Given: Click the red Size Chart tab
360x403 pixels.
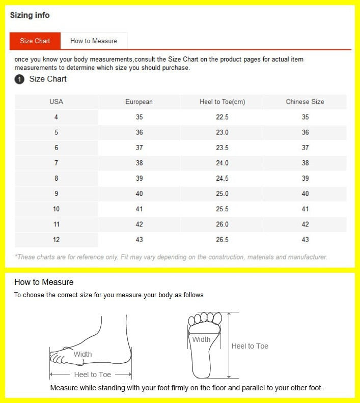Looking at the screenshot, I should point(35,41).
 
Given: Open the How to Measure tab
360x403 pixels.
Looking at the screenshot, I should point(94,41).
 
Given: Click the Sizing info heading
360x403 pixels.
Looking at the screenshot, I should point(30,15).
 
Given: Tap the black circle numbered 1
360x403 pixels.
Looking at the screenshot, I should point(19,79).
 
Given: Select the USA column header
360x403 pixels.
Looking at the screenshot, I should point(56,102).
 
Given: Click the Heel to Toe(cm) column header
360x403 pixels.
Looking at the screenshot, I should point(222,102).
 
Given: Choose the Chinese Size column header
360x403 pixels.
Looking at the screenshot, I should point(304,102).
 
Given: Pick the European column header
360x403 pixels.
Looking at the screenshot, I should point(139,102).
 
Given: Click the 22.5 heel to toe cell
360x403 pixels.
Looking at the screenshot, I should point(222,117).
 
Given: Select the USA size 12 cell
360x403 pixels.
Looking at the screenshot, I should point(56,240).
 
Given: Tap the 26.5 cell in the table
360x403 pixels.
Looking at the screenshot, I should point(222,240).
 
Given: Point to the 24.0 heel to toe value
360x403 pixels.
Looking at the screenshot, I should point(222,163).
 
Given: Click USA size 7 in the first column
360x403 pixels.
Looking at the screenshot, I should point(56,163).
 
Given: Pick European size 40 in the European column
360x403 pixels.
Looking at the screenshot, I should point(139,194).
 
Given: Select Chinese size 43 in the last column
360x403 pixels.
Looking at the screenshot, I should point(304,240).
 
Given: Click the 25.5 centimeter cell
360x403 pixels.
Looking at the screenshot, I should point(222,209).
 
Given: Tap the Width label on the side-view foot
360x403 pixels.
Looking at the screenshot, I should point(82,354).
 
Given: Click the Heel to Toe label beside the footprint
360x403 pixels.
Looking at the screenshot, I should point(250,346).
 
